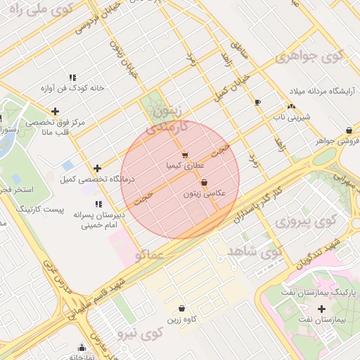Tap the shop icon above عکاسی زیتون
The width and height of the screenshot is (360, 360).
tap(204, 183)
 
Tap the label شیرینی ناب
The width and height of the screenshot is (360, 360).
tap(290, 117)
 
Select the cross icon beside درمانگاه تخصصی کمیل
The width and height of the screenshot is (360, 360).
tap(97, 168)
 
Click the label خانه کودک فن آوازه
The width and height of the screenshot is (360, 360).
tap(72, 89)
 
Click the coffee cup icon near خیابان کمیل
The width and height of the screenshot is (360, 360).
tap(257, 102)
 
